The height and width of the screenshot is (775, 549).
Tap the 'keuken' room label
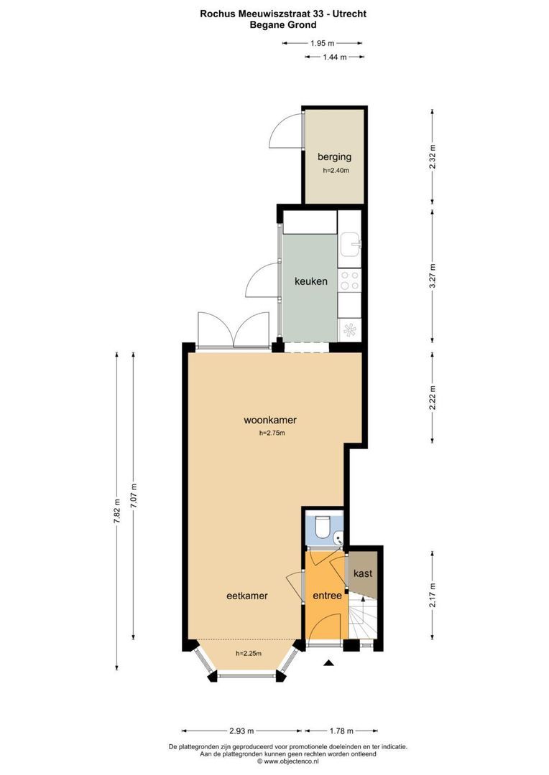tap(310, 281)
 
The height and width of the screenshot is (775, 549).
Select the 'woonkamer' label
tap(270, 421)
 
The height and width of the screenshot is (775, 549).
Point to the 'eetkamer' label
tap(247, 595)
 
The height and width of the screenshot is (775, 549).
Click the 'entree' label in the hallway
tap(326, 595)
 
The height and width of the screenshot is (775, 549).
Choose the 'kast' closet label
tap(363, 573)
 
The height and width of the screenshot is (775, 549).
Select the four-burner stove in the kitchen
tap(350, 281)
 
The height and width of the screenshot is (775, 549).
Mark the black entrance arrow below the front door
tap(329, 664)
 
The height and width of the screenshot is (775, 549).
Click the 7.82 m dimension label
tap(116, 511)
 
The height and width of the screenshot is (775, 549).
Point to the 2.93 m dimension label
tap(241, 731)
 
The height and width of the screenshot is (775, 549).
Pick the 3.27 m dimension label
tap(432, 276)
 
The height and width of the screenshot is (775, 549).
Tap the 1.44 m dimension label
tap(334, 57)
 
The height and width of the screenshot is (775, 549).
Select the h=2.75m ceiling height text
tap(272, 433)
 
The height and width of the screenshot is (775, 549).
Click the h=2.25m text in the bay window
tap(248, 653)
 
